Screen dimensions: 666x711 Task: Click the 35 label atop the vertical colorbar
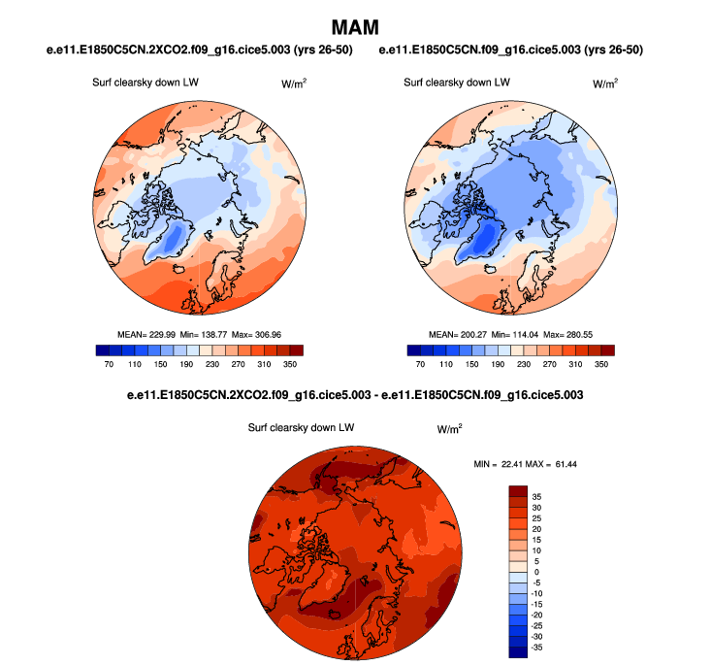pos(536,495)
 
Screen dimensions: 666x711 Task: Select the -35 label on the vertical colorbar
pos(538,645)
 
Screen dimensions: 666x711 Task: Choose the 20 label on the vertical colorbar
pos(536,527)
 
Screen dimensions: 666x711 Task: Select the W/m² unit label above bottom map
pos(449,428)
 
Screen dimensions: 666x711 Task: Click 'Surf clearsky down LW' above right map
pos(457,83)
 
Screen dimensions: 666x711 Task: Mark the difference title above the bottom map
pos(355,395)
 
